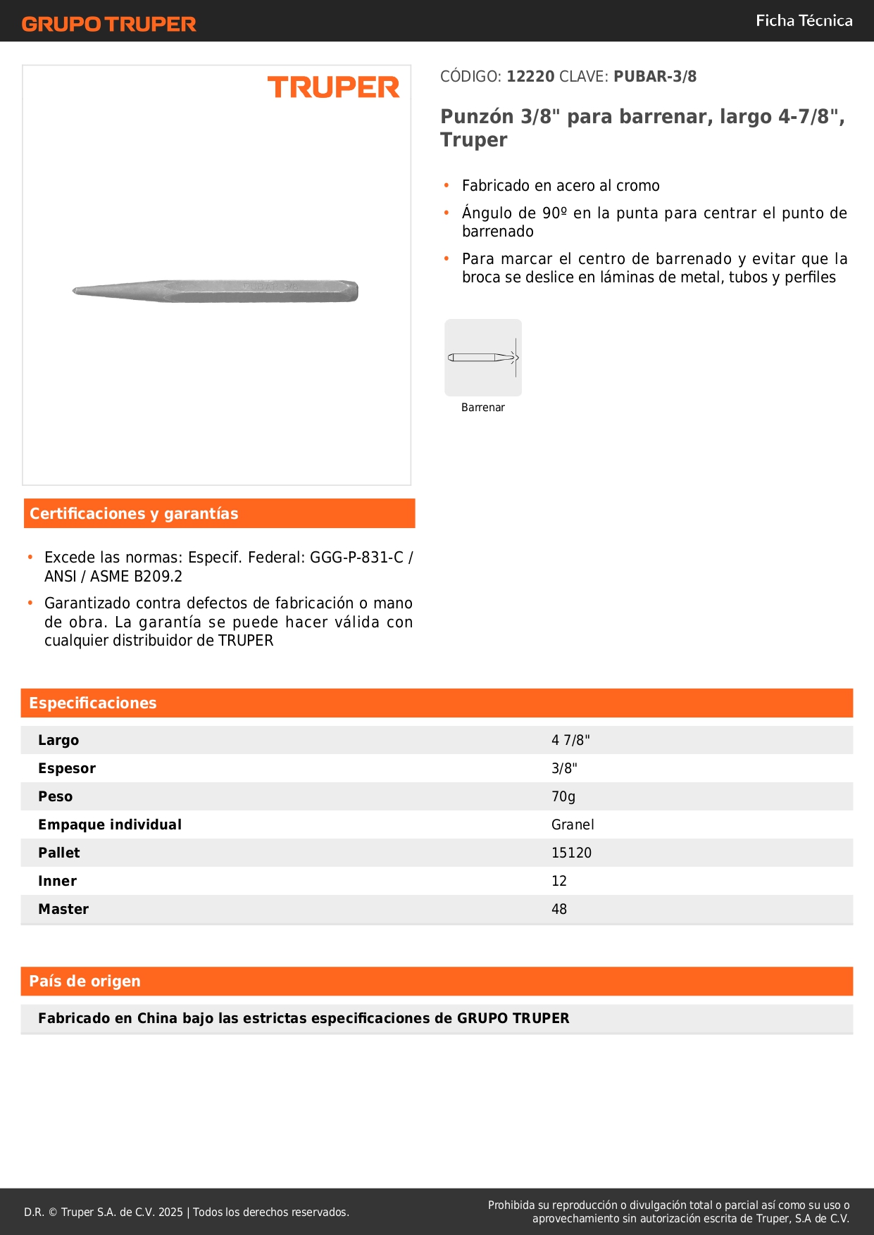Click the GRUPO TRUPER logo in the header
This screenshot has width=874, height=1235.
point(108,24)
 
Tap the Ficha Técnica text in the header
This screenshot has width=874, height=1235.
point(804,20)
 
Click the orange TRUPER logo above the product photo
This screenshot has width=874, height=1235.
point(333,87)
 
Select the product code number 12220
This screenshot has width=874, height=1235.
point(530,76)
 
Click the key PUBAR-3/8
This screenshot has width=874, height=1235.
point(655,76)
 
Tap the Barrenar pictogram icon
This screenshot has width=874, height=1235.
point(483,358)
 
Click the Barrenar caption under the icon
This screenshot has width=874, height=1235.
point(483,408)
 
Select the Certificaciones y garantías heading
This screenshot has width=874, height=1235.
point(134,514)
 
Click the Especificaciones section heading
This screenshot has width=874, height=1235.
point(93,703)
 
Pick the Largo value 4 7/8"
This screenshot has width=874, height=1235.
point(570,740)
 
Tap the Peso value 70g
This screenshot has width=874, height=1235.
point(563,796)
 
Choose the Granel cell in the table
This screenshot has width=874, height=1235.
point(573,825)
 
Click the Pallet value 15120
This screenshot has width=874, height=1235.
point(571,853)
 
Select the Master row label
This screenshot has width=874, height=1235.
point(63,909)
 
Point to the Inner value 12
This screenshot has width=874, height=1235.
point(559,881)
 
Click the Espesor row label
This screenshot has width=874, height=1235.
point(67,768)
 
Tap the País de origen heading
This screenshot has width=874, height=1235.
point(85,982)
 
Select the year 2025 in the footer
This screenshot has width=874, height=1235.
point(170,1212)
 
